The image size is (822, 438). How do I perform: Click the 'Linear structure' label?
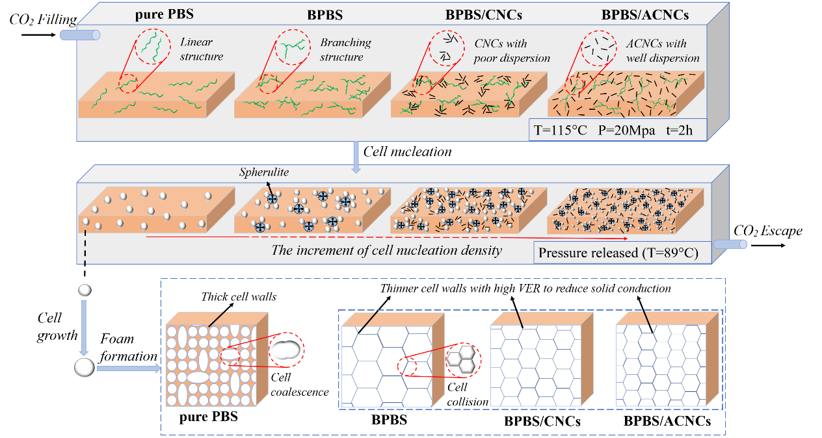click(x=201, y=50)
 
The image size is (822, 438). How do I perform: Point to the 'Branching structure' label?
click(x=345, y=50)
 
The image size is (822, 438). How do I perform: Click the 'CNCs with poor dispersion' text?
click(x=511, y=51)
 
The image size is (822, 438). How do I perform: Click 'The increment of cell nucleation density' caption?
click(x=386, y=250)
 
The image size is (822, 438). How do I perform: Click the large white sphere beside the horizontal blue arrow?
click(x=85, y=368)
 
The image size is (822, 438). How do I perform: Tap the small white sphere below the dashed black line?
click(x=85, y=290)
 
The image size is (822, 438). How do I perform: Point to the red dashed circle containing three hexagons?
click(x=463, y=358)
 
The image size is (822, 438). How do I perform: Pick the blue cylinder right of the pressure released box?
click(x=730, y=244)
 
